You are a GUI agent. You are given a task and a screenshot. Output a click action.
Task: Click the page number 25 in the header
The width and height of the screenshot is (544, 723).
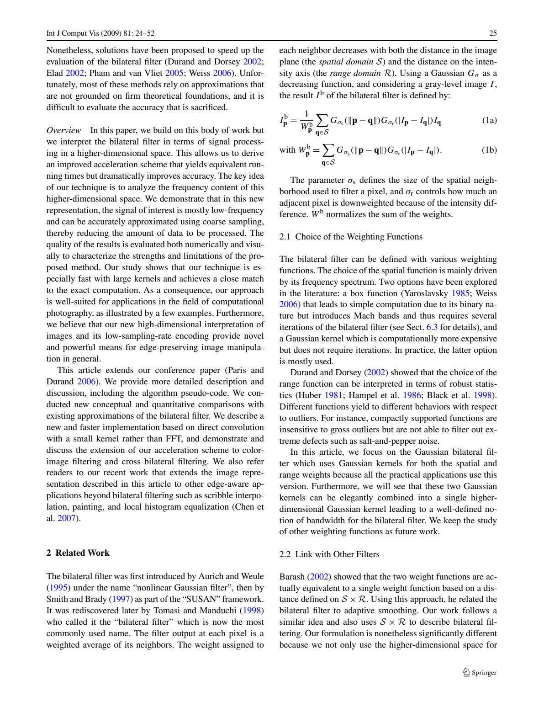(493, 33)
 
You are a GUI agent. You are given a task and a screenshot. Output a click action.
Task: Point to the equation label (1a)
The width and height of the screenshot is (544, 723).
(489, 121)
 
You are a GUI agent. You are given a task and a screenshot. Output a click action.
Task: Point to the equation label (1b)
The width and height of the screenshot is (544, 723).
(489, 150)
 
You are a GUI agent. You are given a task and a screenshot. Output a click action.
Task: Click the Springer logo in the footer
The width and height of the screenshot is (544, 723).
(479, 672)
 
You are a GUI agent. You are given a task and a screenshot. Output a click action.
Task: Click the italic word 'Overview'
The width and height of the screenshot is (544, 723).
(64, 130)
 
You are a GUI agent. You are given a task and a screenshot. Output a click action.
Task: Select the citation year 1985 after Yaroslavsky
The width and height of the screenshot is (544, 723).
(460, 293)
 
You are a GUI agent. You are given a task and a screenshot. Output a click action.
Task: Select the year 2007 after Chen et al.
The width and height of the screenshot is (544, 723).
(66, 518)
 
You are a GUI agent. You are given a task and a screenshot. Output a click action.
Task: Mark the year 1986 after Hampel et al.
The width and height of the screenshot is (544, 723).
(412, 395)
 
